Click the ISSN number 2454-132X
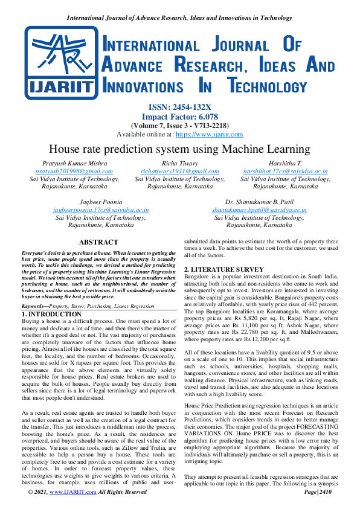pyautogui.click(x=179, y=106)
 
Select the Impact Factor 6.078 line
pyautogui.click(x=179, y=116)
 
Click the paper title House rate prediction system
pyautogui.click(x=179, y=149)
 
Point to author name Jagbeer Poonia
pyautogui.click(x=100, y=202)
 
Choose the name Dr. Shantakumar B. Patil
pyautogui.click(x=259, y=202)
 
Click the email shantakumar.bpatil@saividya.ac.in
pyautogui.click(x=259, y=210)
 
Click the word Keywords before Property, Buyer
pyautogui.click(x=36, y=307)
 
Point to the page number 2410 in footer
pyautogui.click(x=326, y=492)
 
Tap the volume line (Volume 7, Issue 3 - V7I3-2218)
pyautogui.click(x=179, y=125)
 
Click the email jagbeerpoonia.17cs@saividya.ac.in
pyautogui.click(x=100, y=210)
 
